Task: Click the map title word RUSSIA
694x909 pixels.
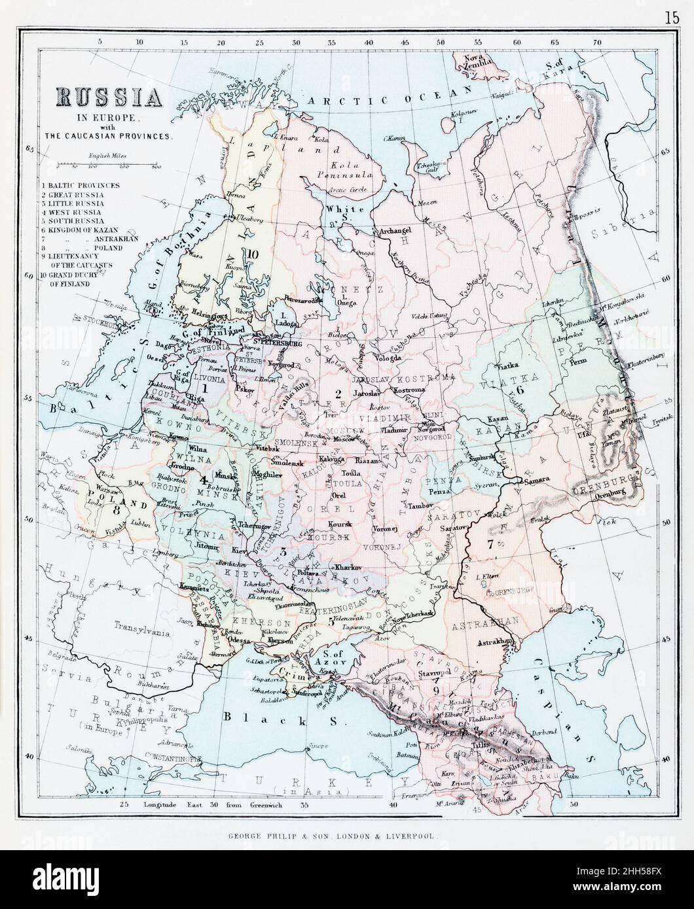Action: [x=109, y=99]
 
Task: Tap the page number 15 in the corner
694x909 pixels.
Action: [x=671, y=18]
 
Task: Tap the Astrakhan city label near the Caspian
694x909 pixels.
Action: [x=496, y=642]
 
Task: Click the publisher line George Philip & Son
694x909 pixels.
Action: [x=346, y=835]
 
